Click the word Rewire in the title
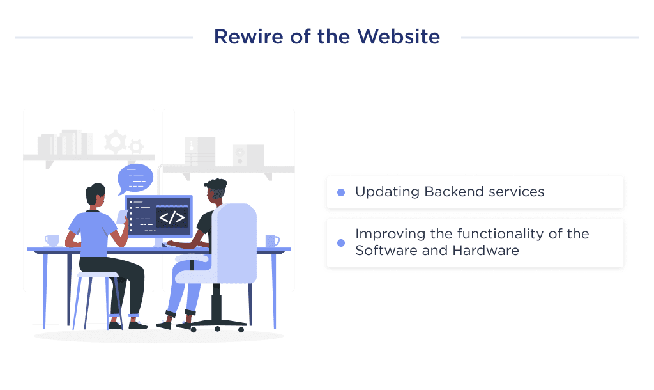(x=239, y=36)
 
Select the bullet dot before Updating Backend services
(x=341, y=192)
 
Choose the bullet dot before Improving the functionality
(x=341, y=243)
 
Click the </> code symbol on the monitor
(x=172, y=217)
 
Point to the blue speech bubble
(x=135, y=178)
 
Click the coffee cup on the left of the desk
(x=52, y=240)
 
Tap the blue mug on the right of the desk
(x=271, y=240)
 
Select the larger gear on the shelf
(x=116, y=141)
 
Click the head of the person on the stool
(x=96, y=196)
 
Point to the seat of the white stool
(x=98, y=274)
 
